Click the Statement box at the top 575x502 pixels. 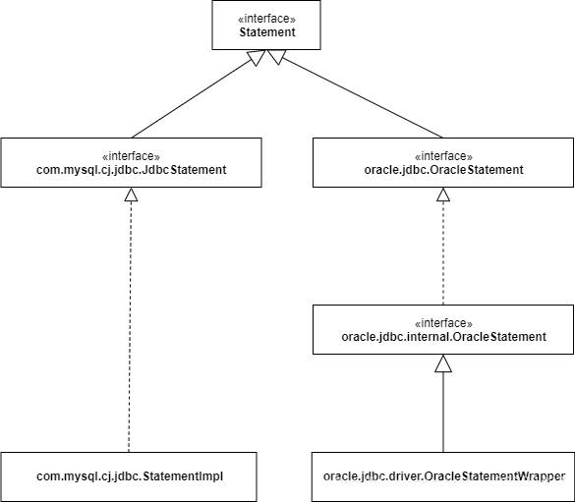pyautogui.click(x=266, y=25)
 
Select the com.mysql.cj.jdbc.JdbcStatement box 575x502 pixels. pyautogui.click(x=131, y=163)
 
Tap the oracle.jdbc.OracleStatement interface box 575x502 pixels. pyautogui.click(x=443, y=163)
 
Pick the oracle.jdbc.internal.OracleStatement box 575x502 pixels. pyautogui.click(x=443, y=329)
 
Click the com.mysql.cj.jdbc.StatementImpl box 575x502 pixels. pyautogui.click(x=129, y=476)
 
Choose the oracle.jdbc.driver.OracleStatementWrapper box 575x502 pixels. pyautogui.click(x=443, y=476)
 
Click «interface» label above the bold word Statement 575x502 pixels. pyautogui.click(x=266, y=19)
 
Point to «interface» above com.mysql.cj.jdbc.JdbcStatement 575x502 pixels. pyautogui.click(x=131, y=156)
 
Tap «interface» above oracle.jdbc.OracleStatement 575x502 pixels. pyautogui.click(x=443, y=156)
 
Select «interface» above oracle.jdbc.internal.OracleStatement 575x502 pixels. pyautogui.click(x=443, y=323)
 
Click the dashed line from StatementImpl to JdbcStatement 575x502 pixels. pyautogui.click(x=130, y=326)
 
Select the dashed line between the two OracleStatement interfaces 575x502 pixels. pyautogui.click(x=443, y=252)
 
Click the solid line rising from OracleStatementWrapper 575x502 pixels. pyautogui.click(x=443, y=413)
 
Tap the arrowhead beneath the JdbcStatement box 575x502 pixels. pyautogui.click(x=131, y=195)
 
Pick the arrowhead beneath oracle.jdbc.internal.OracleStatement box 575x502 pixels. pyautogui.click(x=443, y=363)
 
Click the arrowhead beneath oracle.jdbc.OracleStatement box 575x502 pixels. pyautogui.click(x=443, y=195)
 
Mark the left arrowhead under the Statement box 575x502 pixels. pyautogui.click(x=257, y=57)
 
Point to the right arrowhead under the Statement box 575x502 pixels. pyautogui.click(x=276, y=57)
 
